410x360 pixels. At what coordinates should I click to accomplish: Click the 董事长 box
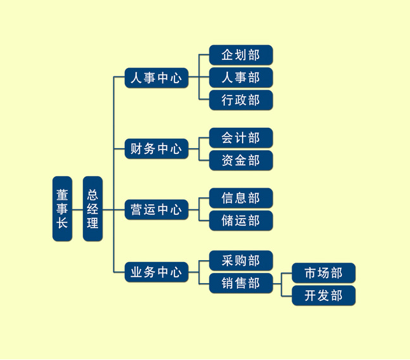tap(62, 209)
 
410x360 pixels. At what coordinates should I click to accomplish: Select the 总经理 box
tap(93, 209)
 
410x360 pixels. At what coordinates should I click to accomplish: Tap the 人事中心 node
tap(156, 78)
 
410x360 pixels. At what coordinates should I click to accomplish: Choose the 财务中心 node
tap(156, 149)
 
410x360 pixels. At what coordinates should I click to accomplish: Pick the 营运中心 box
tap(156, 209)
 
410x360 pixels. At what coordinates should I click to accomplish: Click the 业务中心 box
tap(156, 272)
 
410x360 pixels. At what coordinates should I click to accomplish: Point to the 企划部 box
tap(241, 55)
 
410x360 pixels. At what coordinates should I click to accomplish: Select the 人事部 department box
tap(241, 78)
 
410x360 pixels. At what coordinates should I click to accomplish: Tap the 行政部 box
tap(241, 100)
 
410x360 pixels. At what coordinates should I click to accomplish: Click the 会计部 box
tap(241, 138)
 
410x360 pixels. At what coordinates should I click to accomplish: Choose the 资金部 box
tap(241, 160)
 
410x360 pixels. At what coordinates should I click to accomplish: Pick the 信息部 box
tap(241, 198)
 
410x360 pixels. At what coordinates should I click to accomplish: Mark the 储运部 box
tap(241, 220)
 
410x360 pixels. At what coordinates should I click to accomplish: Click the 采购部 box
tap(241, 261)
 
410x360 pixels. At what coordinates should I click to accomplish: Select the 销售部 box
tap(241, 283)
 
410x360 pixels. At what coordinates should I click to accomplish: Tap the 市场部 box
tap(323, 273)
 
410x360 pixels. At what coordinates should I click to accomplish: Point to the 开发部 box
tap(323, 295)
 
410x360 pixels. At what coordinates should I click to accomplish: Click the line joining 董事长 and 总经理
tap(78, 209)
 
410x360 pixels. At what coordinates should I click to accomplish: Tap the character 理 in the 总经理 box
tap(93, 223)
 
